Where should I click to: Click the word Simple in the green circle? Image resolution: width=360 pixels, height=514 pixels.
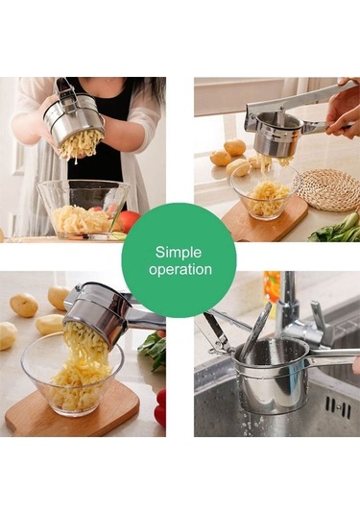179,254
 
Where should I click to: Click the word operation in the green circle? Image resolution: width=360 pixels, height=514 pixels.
180,270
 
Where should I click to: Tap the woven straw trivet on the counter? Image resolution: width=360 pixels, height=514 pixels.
327,190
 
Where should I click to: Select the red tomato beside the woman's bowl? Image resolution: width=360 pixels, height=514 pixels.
130,222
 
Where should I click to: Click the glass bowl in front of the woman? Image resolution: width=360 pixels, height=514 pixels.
83,209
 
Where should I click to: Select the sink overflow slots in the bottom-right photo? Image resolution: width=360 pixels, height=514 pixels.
338,407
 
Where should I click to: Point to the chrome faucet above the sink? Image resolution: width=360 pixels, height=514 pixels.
295,315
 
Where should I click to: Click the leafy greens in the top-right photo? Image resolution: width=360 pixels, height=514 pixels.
337,228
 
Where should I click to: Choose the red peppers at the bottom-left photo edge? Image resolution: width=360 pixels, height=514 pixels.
160,407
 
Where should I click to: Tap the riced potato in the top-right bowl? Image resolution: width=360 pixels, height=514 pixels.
268,196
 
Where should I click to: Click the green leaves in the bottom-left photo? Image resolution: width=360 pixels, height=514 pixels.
154,350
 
